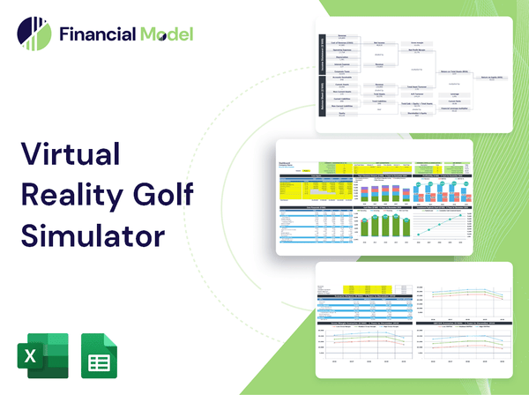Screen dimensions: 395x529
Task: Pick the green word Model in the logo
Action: pyautogui.click(x=165, y=34)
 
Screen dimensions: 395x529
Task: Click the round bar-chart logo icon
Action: pyautogui.click(x=33, y=34)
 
